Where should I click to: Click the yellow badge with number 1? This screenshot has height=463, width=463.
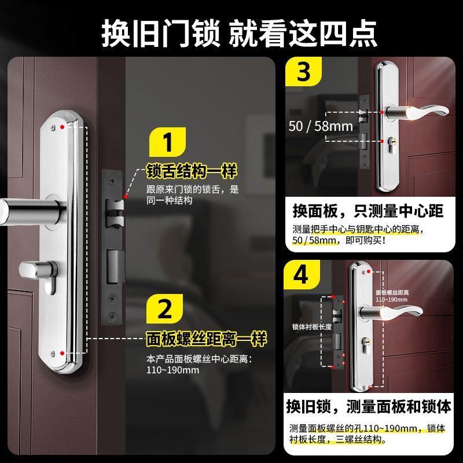click(x=167, y=142)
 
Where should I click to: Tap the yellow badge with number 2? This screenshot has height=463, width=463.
click(x=165, y=309)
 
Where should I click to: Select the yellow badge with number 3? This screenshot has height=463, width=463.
click(x=303, y=71)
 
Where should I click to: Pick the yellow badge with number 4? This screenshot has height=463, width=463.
click(x=302, y=274)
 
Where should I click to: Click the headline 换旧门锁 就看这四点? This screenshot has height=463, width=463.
click(x=239, y=34)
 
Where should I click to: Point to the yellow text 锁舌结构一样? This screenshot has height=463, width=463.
click(x=192, y=171)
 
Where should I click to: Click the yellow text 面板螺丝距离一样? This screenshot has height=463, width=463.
click(x=207, y=339)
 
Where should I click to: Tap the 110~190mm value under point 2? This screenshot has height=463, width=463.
click(x=172, y=370)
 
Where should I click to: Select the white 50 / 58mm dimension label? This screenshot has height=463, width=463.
click(x=321, y=126)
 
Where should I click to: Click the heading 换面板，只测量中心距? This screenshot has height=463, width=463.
click(x=368, y=211)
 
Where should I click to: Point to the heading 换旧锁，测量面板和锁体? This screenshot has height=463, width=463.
click(x=369, y=406)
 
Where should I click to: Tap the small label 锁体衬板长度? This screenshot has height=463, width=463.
click(x=312, y=326)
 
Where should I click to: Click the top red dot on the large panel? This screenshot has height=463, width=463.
click(x=62, y=127)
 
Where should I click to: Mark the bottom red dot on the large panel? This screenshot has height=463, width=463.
click(x=62, y=353)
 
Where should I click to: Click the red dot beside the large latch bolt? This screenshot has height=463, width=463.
click(x=126, y=197)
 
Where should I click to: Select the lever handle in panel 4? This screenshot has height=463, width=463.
click(x=392, y=313)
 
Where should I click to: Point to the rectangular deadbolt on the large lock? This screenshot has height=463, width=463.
click(x=115, y=267)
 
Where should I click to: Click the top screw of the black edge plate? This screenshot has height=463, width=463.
click(x=112, y=181)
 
